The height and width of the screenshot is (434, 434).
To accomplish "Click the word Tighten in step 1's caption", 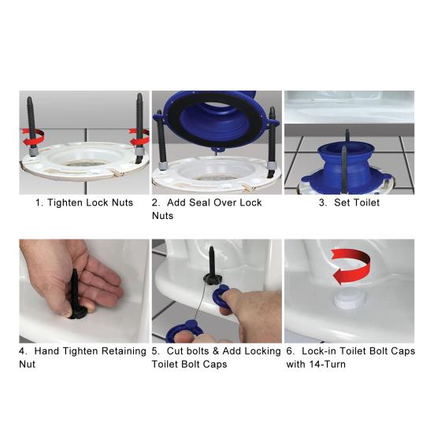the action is click(x=65, y=203).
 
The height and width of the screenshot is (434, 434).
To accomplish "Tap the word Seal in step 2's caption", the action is click(x=198, y=202).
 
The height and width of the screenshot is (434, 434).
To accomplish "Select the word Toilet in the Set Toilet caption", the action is click(x=365, y=202).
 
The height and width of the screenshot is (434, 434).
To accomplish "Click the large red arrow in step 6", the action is click(x=351, y=266).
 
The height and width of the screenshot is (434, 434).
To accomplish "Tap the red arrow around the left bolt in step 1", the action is click(x=32, y=138).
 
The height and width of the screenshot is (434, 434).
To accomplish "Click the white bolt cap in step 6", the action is click(x=349, y=299).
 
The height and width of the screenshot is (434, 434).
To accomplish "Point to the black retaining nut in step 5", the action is click(x=211, y=278).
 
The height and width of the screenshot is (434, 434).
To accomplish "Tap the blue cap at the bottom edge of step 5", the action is click(x=184, y=332).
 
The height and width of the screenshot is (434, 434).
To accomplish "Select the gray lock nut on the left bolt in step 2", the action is click(x=162, y=166).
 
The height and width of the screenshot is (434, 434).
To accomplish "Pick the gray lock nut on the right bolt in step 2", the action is click(x=271, y=166).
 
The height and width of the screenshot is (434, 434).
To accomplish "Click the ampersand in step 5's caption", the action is click(x=216, y=351).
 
